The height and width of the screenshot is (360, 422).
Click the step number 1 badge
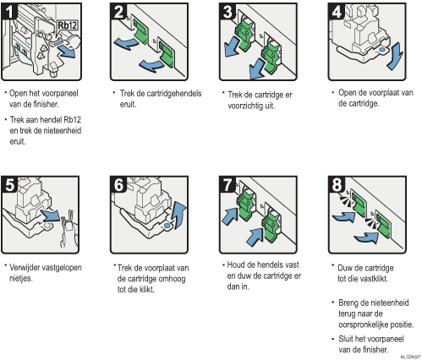9,12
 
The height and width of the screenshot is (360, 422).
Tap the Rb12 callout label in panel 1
68,25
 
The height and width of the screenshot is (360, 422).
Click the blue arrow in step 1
67,52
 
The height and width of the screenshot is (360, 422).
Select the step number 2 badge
118,12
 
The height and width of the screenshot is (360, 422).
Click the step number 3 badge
227,12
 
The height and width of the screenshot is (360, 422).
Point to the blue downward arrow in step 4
395,56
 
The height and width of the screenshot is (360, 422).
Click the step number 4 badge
337,12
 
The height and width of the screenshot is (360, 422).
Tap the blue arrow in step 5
51,215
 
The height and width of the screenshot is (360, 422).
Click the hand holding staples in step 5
69,230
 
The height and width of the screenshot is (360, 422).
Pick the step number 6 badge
118,185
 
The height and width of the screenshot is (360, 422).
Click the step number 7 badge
227,185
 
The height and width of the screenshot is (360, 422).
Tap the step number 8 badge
337,185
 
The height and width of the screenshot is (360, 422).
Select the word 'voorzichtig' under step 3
243,106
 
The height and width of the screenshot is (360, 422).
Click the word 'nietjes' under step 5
21,278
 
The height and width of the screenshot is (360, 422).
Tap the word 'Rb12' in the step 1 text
73,120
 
